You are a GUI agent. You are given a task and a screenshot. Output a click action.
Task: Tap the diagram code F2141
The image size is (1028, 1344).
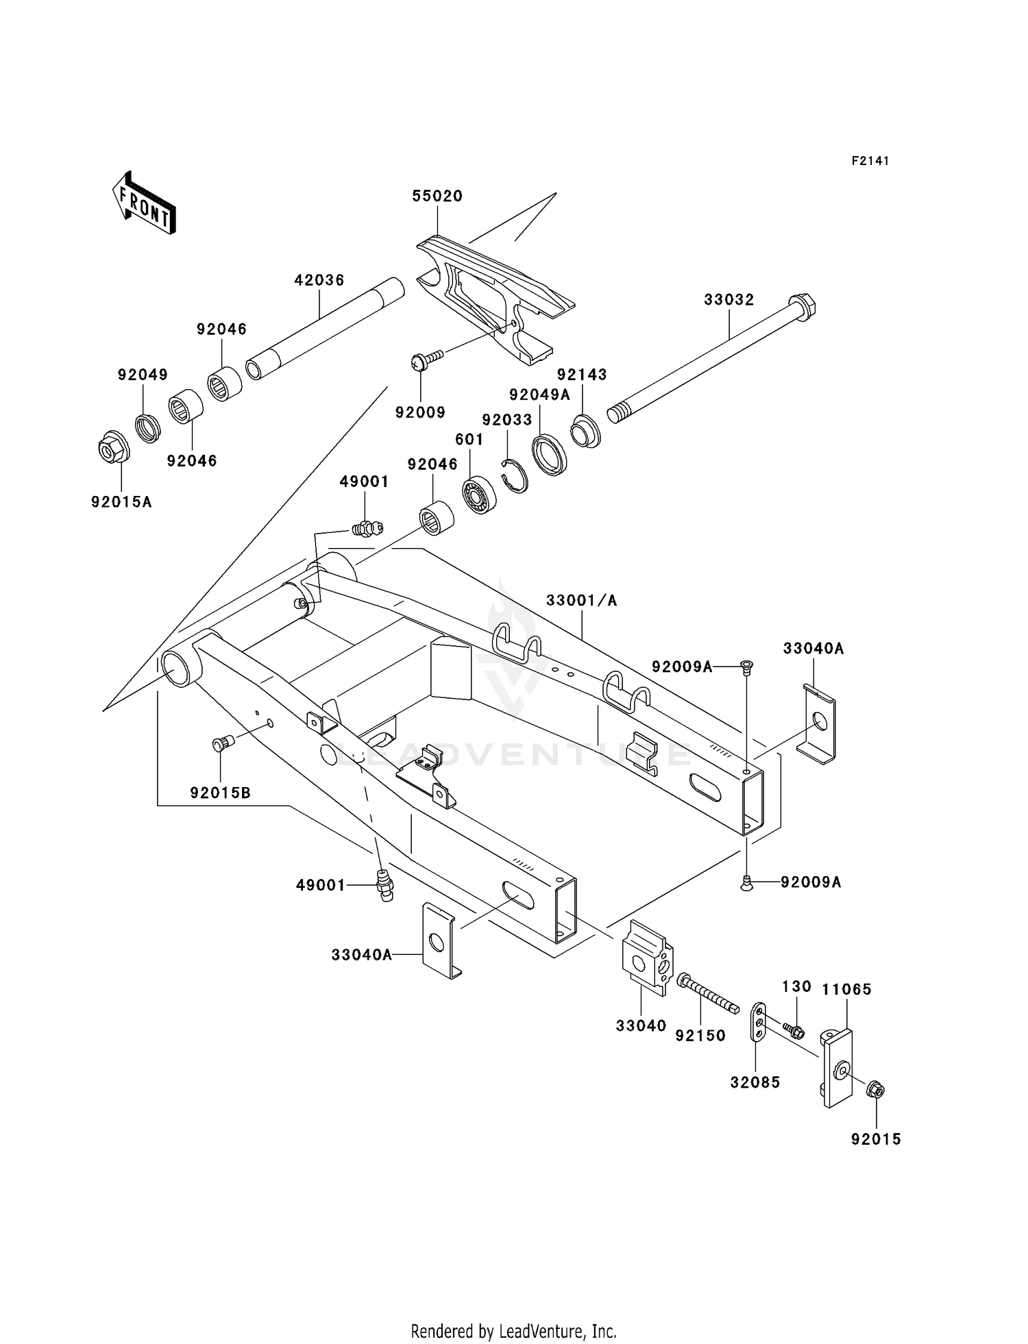[870, 161]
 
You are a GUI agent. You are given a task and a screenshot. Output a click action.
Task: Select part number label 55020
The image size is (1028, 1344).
[437, 196]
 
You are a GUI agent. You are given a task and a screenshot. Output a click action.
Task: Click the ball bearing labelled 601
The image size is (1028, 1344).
[479, 493]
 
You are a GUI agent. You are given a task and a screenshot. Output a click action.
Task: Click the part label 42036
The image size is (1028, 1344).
[319, 280]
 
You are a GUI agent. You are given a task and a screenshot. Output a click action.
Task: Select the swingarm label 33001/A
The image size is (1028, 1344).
[581, 601]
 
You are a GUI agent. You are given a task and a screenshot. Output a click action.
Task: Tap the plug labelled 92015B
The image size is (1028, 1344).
[223, 743]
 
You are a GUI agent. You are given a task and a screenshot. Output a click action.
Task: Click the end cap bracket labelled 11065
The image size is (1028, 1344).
[837, 1067]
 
